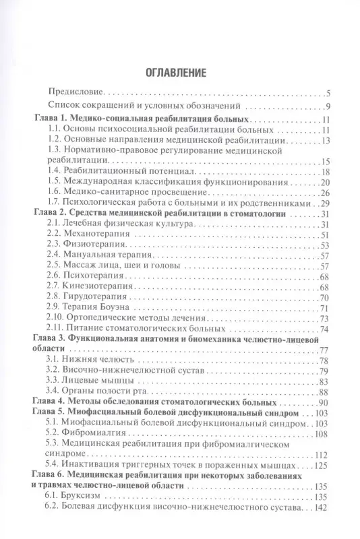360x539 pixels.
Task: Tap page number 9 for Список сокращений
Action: (326, 107)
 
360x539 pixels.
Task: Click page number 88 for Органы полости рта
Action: (323, 391)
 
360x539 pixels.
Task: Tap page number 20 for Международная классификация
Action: (323, 182)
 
